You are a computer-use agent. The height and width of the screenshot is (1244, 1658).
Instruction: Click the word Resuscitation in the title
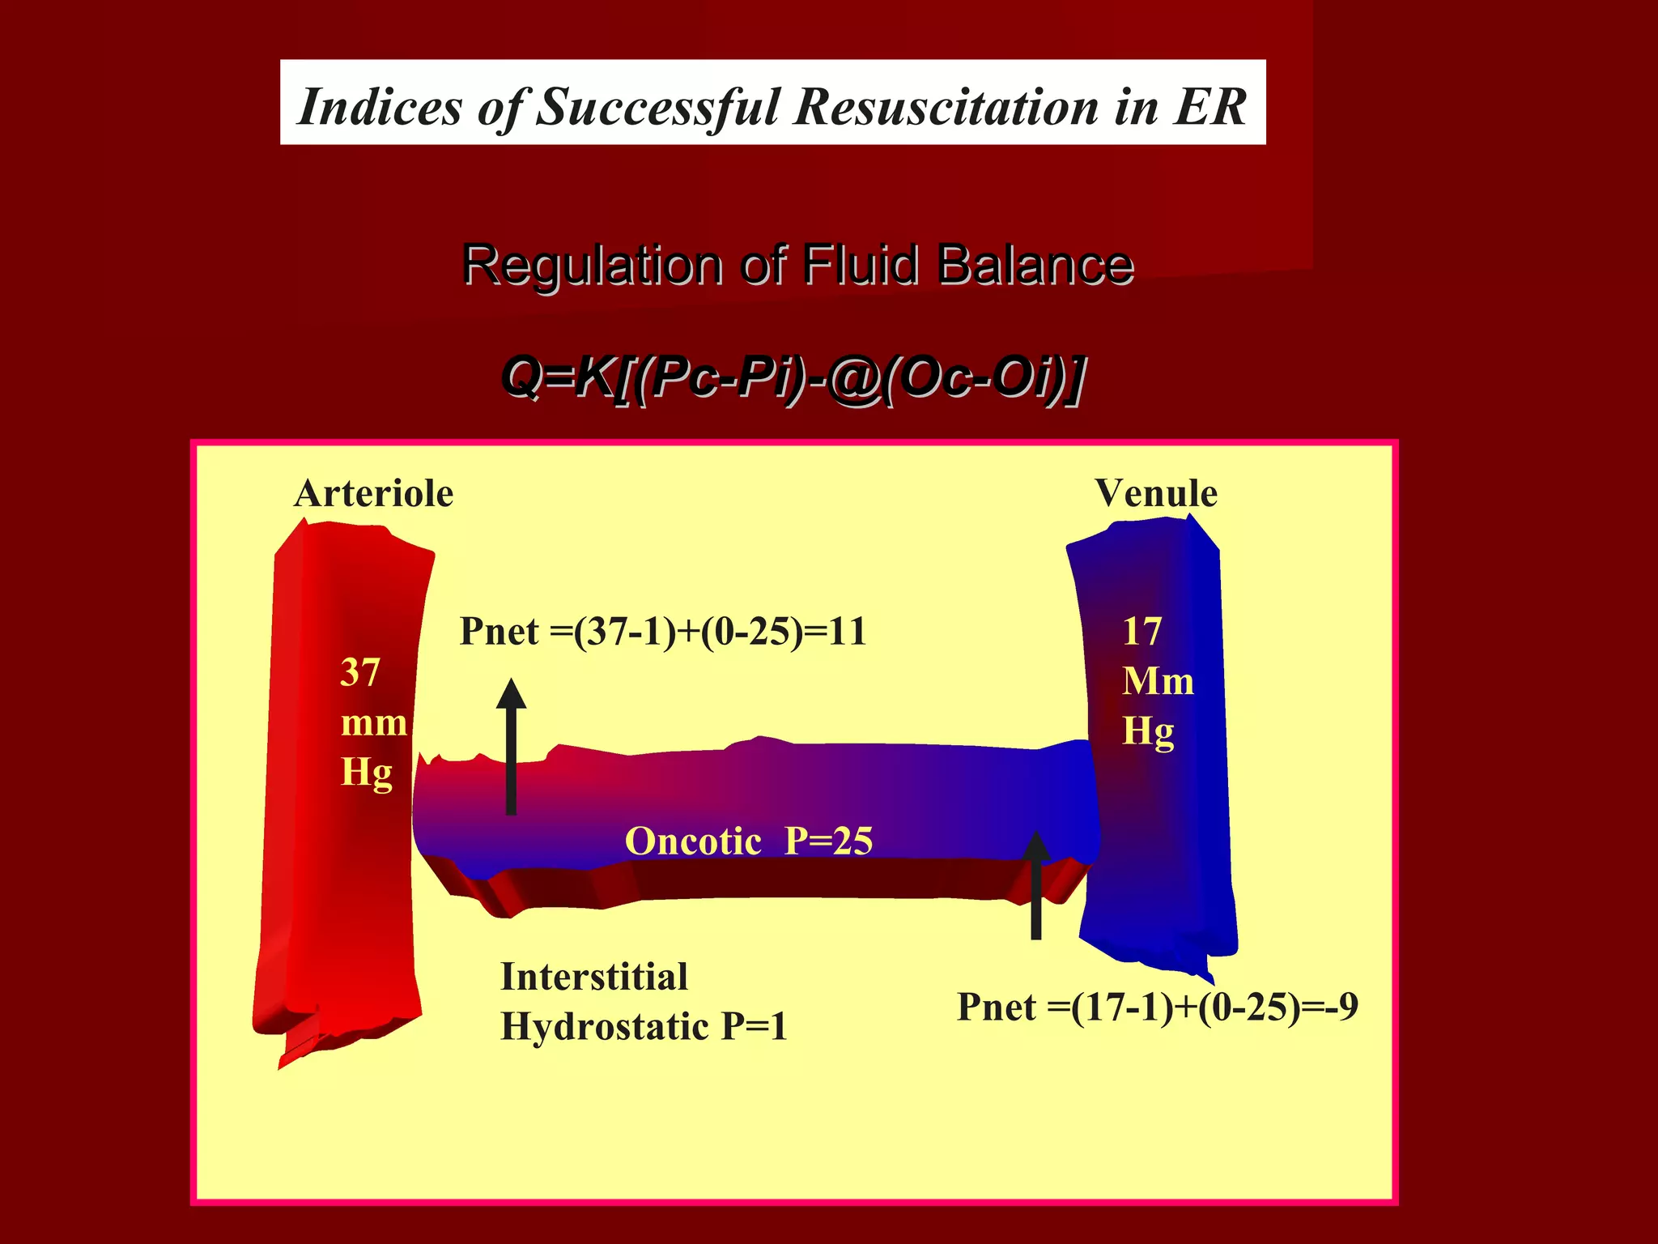tap(945, 105)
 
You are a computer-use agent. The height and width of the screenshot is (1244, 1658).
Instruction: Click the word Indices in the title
tap(380, 105)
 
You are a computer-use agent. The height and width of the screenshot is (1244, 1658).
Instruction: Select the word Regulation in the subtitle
tap(593, 266)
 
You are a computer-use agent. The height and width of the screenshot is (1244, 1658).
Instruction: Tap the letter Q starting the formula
tap(522, 377)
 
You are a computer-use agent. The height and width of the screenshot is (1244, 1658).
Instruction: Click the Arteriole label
tap(374, 493)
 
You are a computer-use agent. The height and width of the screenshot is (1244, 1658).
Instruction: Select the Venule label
tap(1156, 493)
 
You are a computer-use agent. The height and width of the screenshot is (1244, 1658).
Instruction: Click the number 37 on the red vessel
tap(360, 672)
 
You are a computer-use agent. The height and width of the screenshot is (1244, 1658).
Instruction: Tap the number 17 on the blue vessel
tap(1142, 632)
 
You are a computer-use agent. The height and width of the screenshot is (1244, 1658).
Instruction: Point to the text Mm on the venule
tap(1158, 681)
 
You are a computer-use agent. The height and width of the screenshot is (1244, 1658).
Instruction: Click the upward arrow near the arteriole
tap(511, 745)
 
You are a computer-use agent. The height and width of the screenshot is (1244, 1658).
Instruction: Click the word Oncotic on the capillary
tap(693, 841)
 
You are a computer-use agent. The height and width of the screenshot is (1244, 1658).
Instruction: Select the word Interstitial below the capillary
tap(594, 977)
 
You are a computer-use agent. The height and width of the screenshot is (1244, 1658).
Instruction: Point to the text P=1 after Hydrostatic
tap(754, 1026)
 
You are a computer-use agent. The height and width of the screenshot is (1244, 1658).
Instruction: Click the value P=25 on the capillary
tap(829, 841)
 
